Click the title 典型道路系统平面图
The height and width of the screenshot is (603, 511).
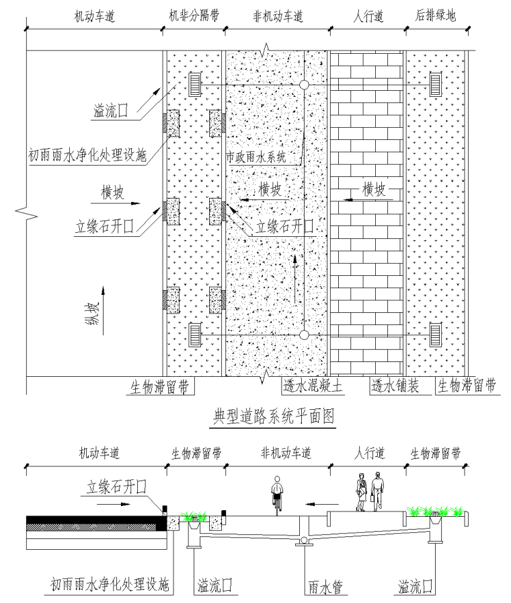point(274,416)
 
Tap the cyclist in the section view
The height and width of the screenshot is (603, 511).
point(277,493)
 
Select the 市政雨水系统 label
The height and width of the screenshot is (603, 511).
point(256,157)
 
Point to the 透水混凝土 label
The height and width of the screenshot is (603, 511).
point(313,386)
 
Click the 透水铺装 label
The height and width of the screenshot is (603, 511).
point(395,386)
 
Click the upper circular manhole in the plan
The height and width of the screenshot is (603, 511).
point(304,85)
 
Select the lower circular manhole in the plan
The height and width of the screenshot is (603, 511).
point(304,335)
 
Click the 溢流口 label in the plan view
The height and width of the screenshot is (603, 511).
point(111,111)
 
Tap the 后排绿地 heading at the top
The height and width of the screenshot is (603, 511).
point(436,15)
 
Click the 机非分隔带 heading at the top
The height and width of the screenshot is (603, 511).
point(194,15)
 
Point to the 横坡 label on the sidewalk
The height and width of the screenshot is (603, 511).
point(373,189)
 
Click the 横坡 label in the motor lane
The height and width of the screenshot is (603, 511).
point(112,192)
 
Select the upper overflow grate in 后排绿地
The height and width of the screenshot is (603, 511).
point(435,85)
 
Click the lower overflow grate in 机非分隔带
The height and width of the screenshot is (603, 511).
point(195,335)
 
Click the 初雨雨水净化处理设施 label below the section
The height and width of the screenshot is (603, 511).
point(110,585)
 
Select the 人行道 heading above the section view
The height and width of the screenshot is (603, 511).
point(369,453)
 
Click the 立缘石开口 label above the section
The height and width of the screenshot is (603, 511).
point(116,487)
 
